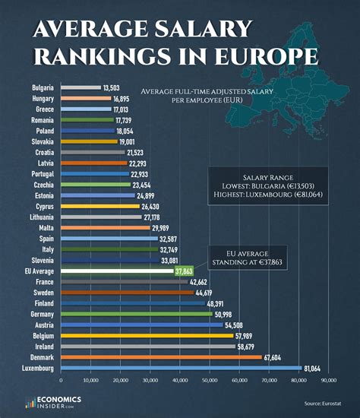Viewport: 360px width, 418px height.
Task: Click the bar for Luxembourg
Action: [x=181, y=368]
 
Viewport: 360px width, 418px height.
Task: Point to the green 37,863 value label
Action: [x=184, y=271]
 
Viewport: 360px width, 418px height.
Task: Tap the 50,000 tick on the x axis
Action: [x=210, y=379]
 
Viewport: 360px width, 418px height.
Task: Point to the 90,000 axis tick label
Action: [x=328, y=379]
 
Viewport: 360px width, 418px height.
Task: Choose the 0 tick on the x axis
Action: [x=61, y=379]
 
